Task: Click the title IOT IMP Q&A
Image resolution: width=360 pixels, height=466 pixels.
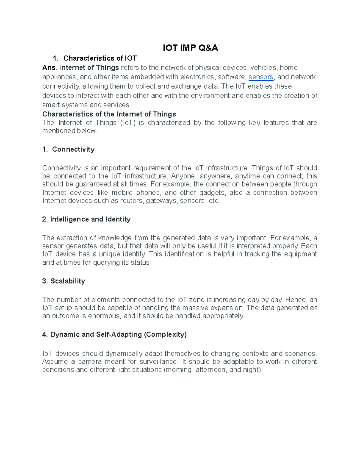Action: [190, 48]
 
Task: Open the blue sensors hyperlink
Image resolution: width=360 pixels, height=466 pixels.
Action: [261, 77]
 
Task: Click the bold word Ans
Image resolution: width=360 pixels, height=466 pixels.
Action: [49, 68]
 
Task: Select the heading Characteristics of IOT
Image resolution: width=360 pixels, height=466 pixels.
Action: [100, 58]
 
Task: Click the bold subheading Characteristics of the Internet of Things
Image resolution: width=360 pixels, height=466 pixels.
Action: [109, 114]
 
